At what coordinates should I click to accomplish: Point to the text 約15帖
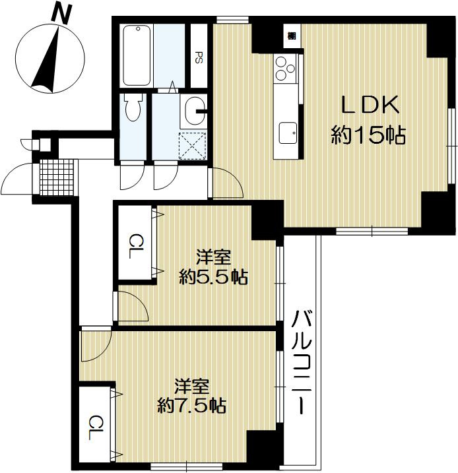(367, 137)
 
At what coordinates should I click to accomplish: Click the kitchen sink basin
(288, 133)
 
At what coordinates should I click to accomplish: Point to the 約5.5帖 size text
(214, 277)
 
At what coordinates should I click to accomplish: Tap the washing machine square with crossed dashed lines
(194, 146)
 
